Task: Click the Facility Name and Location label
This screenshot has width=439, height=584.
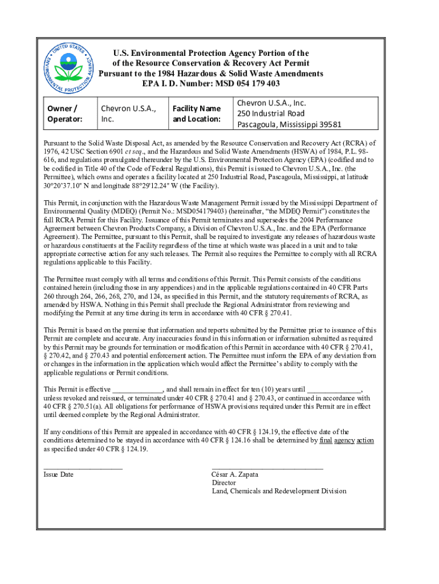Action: click(x=197, y=113)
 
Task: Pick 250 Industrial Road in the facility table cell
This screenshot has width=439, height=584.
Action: click(x=271, y=113)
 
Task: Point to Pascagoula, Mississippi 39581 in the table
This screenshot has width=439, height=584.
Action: click(x=290, y=124)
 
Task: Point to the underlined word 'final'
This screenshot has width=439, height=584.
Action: click(x=326, y=441)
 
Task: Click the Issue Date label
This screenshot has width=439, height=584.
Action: click(x=59, y=474)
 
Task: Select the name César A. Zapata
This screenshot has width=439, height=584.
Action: click(x=235, y=474)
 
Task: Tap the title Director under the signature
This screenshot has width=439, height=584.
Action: click(x=223, y=482)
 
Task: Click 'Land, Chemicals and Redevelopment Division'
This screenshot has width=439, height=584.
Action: click(x=279, y=491)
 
